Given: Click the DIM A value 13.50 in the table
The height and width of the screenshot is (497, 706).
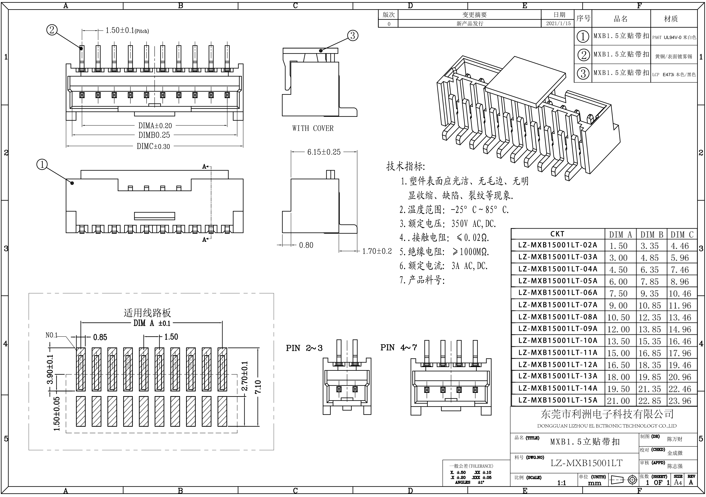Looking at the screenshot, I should click(x=618, y=341).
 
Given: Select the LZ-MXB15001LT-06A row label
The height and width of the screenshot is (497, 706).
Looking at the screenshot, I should click(x=557, y=292).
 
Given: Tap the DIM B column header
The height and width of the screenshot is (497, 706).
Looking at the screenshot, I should click(x=651, y=235).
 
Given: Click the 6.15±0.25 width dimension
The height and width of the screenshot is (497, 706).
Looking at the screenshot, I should click(x=324, y=152).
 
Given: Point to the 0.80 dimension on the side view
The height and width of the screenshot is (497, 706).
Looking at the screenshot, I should click(x=306, y=245).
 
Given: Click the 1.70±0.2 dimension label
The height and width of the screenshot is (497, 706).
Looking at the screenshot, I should click(x=377, y=251).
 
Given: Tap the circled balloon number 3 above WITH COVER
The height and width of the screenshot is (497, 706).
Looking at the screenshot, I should click(x=353, y=36).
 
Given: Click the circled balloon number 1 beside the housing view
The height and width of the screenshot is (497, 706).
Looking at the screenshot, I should click(x=42, y=165).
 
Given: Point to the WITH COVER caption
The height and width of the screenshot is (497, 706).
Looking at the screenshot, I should click(x=313, y=128).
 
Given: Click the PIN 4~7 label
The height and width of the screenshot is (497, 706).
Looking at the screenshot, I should click(x=399, y=348).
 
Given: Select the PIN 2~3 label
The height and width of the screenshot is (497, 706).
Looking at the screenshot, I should click(x=304, y=348).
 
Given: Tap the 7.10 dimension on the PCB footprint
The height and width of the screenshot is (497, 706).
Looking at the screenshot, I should click(x=258, y=387).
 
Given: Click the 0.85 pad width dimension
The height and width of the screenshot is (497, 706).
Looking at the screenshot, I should click(x=100, y=337).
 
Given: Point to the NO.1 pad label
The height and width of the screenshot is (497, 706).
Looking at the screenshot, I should click(x=51, y=335).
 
